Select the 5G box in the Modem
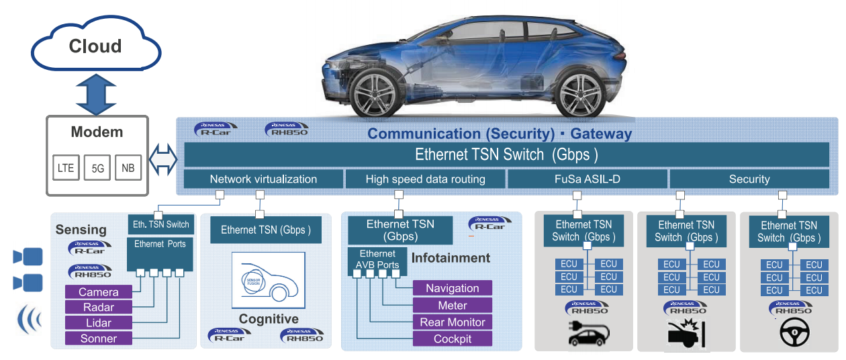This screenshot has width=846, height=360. click(x=97, y=168)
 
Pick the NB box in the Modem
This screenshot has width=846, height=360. click(x=128, y=168)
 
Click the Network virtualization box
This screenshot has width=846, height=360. click(x=263, y=179)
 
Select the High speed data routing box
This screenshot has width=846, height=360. click(x=425, y=179)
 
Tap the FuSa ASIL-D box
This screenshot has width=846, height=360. click(x=587, y=179)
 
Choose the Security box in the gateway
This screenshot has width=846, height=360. click(x=749, y=179)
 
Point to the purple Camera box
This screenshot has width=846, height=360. click(x=98, y=292)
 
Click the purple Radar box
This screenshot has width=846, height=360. click(x=98, y=308)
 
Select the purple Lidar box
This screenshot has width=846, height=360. click(x=98, y=323)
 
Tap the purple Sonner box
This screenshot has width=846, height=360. click(x=98, y=339)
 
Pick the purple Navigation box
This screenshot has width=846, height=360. click(x=452, y=288)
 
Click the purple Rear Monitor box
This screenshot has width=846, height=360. click(x=452, y=322)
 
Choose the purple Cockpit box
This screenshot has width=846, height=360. click(x=452, y=339)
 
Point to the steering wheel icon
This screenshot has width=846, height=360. click(x=794, y=333)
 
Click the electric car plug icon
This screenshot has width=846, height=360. click(x=588, y=333)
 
